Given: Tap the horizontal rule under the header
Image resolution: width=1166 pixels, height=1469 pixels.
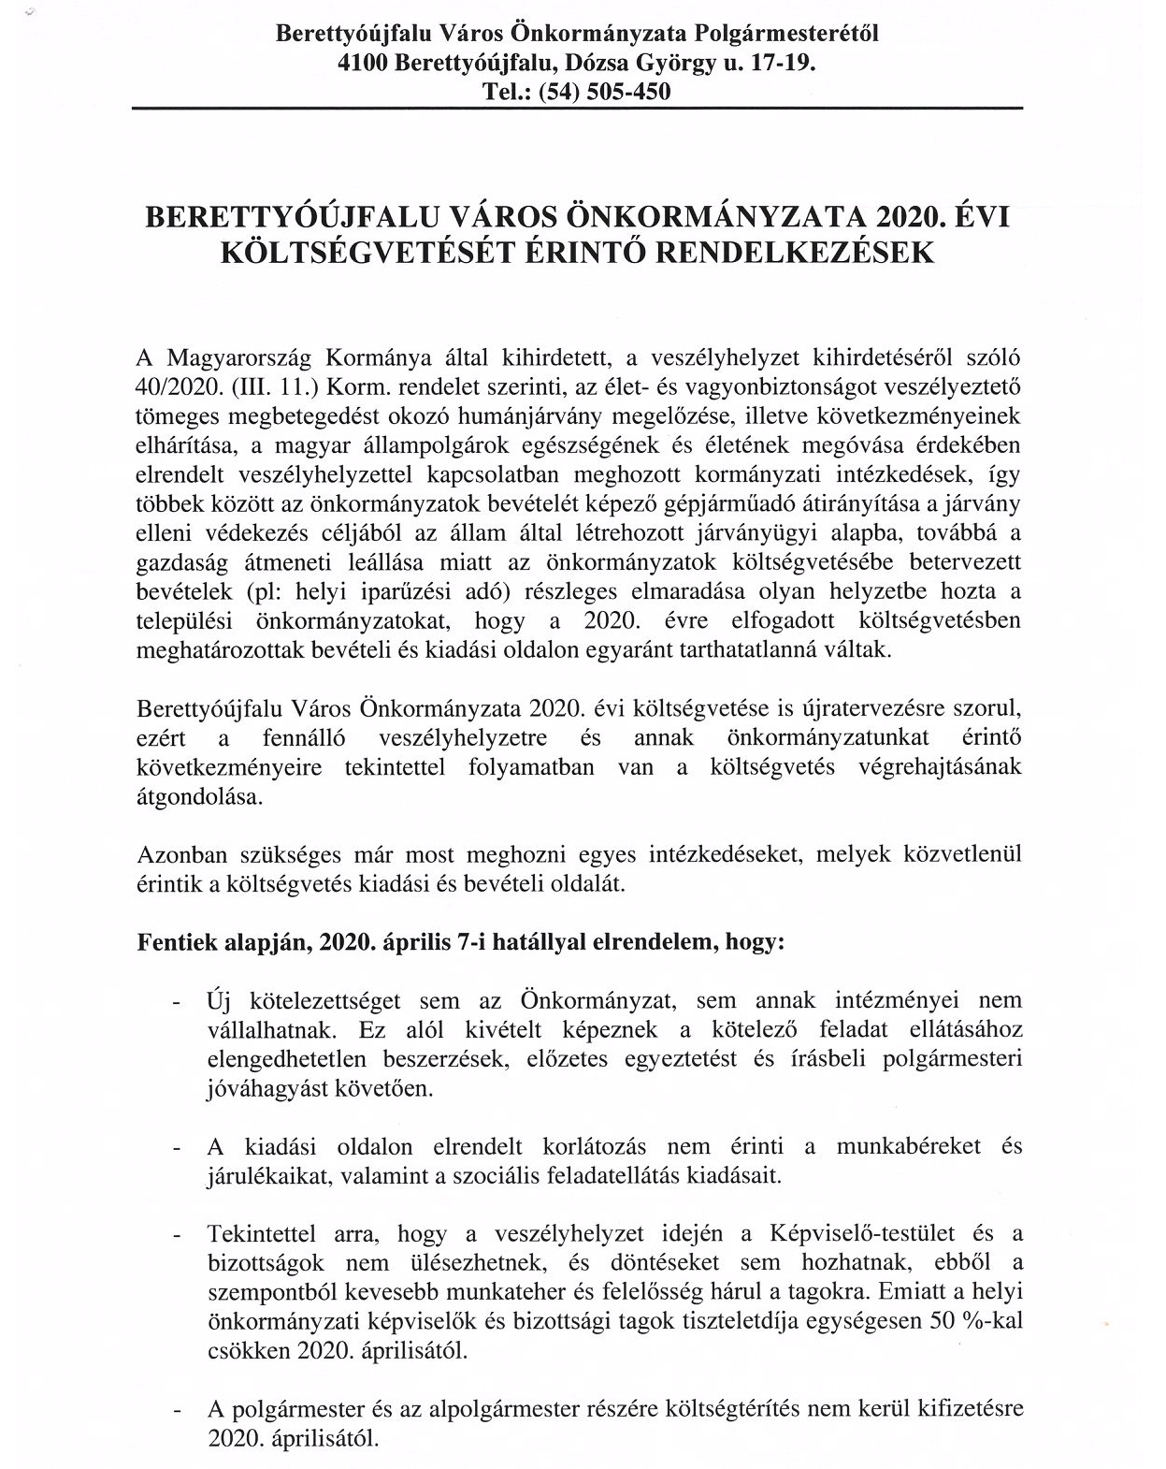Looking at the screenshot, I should [x=577, y=109].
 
